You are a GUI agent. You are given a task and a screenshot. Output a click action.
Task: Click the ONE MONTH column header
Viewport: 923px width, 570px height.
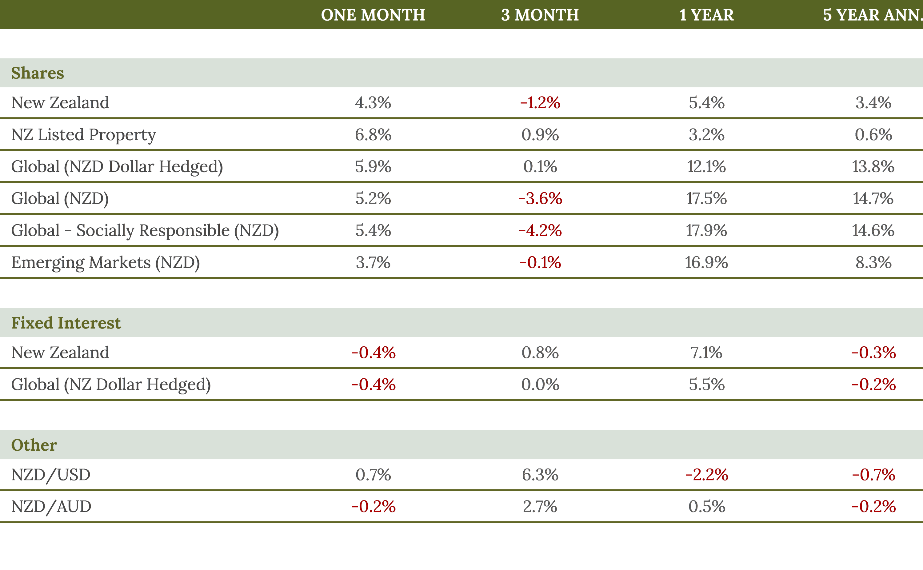click(x=373, y=15)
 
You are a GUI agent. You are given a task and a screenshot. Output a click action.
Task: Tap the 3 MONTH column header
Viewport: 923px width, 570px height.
click(x=540, y=15)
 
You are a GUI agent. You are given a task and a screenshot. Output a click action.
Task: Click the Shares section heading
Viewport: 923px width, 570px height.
click(x=38, y=73)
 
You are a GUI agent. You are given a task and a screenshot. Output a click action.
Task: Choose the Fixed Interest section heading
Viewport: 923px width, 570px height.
click(x=66, y=323)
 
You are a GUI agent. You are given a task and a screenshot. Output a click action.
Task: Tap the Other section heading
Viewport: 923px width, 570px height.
click(x=34, y=445)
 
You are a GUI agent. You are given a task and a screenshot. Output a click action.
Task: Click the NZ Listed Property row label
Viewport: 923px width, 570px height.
click(x=83, y=135)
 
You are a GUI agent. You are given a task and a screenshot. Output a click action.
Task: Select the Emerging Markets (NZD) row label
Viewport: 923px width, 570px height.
click(x=105, y=262)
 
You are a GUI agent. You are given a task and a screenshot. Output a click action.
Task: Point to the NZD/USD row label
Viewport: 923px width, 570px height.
click(x=50, y=475)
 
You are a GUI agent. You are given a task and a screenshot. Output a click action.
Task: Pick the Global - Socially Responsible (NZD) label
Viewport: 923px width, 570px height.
click(x=145, y=230)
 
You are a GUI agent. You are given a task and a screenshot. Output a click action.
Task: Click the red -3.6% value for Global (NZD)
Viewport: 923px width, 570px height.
click(x=540, y=199)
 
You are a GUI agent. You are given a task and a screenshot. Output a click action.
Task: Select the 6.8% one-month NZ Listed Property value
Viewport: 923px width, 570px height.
click(x=373, y=135)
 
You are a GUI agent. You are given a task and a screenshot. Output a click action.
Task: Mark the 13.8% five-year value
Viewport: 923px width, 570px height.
click(x=873, y=167)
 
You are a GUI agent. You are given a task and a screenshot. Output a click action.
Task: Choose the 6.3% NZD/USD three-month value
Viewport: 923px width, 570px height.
click(x=540, y=475)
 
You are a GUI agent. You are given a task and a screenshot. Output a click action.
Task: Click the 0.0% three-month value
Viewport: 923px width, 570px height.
click(x=540, y=385)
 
